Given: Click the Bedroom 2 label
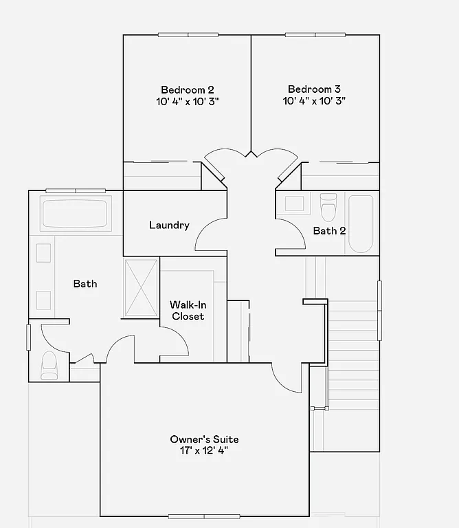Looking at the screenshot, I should [188, 89].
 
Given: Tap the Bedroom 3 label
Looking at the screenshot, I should [314, 89].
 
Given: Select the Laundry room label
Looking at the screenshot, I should [169, 225].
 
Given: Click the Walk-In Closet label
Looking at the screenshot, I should [188, 310].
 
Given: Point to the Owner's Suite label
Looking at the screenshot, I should [205, 439].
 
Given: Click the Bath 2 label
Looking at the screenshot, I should [329, 230].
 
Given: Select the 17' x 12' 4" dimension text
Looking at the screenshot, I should [205, 451].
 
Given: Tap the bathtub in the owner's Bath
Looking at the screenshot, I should [76, 213].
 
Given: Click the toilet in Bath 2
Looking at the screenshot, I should [328, 205].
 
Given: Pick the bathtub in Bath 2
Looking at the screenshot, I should [361, 223].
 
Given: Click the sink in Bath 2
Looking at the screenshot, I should [295, 203].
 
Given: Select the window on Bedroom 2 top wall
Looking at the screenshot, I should [188, 35].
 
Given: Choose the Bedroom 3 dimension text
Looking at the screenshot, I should [314, 101].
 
